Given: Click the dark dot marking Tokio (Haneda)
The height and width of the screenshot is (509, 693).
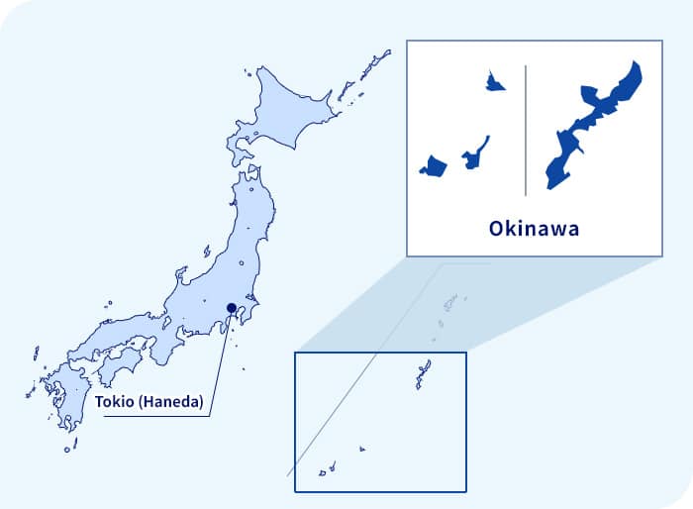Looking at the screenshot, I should click(231, 307).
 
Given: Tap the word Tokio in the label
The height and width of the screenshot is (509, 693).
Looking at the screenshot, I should click(114, 403).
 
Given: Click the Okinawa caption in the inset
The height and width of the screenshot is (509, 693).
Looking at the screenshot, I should click(534, 229).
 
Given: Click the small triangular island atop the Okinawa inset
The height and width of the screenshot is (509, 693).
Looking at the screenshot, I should click(493, 82).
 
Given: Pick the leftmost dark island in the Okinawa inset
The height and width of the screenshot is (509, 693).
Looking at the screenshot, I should click(433, 165).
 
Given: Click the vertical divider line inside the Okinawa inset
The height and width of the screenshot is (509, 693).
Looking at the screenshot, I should click(525, 129).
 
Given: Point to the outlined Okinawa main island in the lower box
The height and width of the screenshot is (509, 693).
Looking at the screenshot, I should click(424, 374).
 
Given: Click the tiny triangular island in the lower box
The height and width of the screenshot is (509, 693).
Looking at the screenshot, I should click(361, 451).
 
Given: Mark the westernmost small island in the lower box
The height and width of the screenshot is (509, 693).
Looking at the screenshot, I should click(322, 473).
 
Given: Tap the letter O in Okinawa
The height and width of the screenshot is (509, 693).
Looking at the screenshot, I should click(497, 229).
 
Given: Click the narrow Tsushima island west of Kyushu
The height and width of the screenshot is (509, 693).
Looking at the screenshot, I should click(36, 354).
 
